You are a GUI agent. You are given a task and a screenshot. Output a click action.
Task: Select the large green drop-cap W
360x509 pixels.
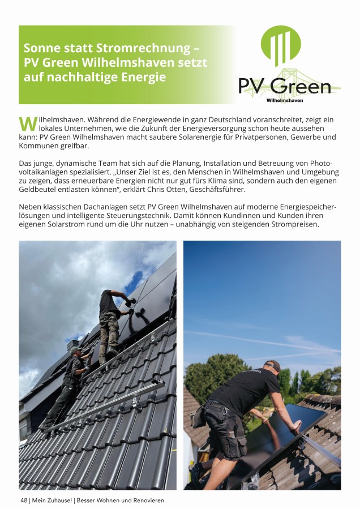click(27, 123)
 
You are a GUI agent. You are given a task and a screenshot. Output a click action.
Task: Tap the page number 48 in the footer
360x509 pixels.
click(24, 501)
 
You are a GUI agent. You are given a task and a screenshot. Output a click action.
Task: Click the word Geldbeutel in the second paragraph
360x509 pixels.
click(38, 189)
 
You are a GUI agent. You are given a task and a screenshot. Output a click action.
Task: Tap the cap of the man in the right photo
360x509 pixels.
click(272, 365)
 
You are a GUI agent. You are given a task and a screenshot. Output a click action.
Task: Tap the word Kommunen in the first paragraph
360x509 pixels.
click(38, 146)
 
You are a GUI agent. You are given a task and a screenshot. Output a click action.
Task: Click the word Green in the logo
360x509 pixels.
click(301, 86)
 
